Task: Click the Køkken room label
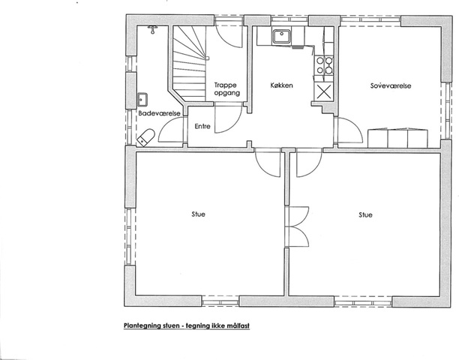point(281,85)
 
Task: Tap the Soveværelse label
point(391,85)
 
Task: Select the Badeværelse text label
point(159,113)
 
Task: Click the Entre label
point(202,127)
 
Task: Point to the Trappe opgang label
point(227,89)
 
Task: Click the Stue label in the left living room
point(199,214)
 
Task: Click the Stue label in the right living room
point(365,214)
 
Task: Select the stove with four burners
point(324,65)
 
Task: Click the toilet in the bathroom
point(145,137)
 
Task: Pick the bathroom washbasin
point(142,99)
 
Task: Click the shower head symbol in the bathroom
point(152,29)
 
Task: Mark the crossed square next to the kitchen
point(324,91)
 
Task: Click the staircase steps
point(189,64)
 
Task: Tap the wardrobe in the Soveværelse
point(397,138)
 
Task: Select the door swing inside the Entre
point(228,120)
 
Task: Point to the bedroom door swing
point(350,131)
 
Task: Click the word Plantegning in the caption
point(142,325)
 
